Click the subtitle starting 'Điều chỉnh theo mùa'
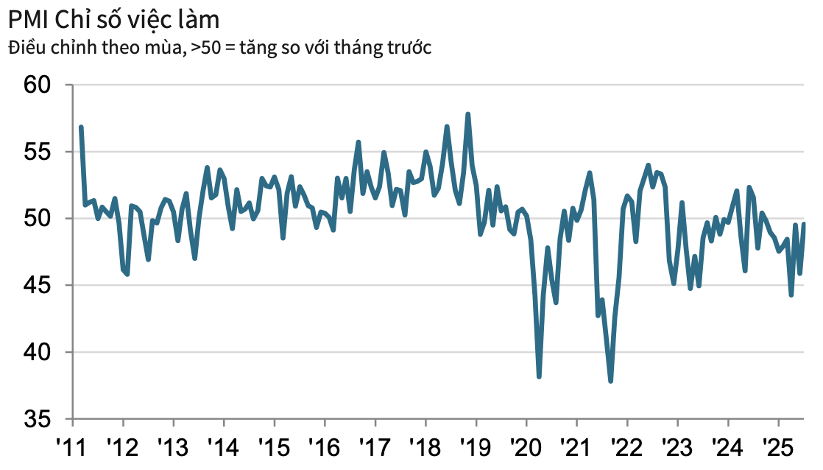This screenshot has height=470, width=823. coord(219,49)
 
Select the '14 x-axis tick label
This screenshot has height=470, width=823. coord(224,447)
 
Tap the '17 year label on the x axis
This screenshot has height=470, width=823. coord(375,447)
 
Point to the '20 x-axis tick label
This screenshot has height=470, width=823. coord(526,447)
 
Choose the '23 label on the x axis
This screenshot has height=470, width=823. coord(677,447)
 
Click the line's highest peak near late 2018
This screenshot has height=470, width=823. coord(468,114)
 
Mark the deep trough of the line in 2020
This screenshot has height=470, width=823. coord(539,376)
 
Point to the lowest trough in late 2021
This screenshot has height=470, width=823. coord(611,381)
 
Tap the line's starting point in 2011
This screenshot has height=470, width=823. coord(81,127)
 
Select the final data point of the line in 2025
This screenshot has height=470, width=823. coord(804,224)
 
